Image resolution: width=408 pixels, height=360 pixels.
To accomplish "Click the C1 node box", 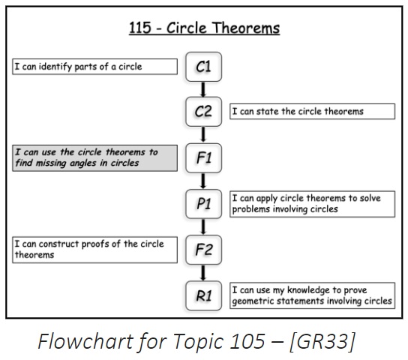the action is click(x=203, y=67).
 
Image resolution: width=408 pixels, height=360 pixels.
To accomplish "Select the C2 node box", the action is click(x=203, y=112).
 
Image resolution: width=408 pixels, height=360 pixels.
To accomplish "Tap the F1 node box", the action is click(x=203, y=158).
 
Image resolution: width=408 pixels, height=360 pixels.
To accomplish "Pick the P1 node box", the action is click(x=203, y=204).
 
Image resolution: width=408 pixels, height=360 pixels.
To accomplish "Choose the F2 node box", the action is click(x=203, y=250).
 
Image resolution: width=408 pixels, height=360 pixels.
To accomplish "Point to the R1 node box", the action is click(x=203, y=295).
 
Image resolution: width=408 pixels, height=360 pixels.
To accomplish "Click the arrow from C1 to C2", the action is click(x=203, y=89).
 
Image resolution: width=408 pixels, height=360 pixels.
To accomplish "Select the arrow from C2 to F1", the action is click(x=203, y=135).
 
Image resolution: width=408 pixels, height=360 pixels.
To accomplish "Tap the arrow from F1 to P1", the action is click(x=203, y=181).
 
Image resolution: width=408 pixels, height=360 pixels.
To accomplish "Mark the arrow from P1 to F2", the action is click(x=203, y=226).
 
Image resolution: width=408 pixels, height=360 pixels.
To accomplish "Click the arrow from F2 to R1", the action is click(x=203, y=273).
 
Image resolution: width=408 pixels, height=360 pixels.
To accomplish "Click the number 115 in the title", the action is click(x=140, y=28).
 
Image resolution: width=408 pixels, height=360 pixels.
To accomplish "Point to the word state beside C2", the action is click(x=268, y=112).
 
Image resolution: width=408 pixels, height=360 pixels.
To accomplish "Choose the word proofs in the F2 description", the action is click(x=95, y=244).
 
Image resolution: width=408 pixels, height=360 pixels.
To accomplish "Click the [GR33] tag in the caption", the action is click(x=322, y=341).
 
